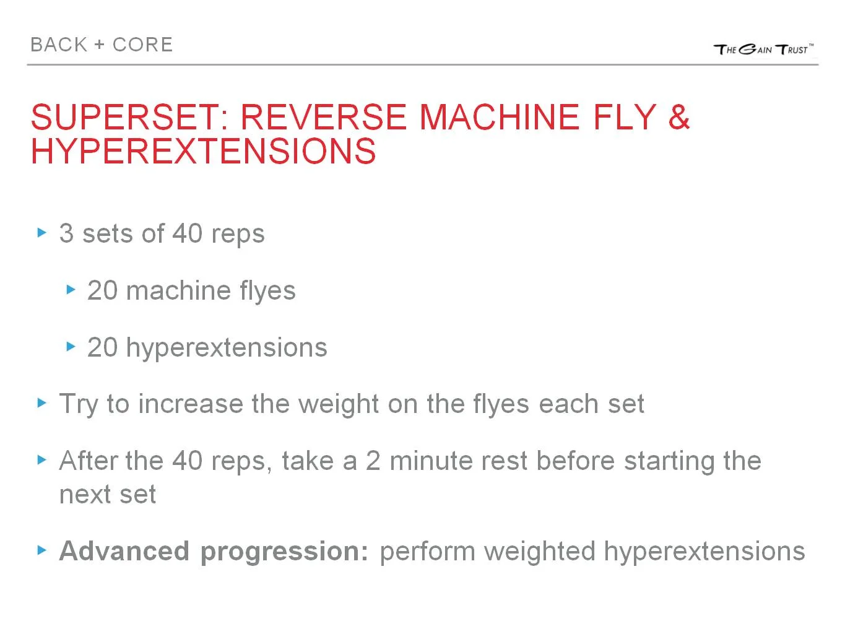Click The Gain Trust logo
click(763, 49)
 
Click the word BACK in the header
click(59, 45)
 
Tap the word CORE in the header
click(142, 45)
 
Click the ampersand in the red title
click(678, 117)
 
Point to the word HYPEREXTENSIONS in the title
click(203, 151)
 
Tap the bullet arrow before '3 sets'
click(42, 233)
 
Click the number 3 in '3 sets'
click(66, 233)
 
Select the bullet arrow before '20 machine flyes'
click(71, 289)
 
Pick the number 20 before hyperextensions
click(102, 347)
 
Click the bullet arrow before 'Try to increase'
click(42, 403)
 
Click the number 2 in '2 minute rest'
click(373, 461)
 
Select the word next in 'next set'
click(84, 495)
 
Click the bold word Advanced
click(124, 551)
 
